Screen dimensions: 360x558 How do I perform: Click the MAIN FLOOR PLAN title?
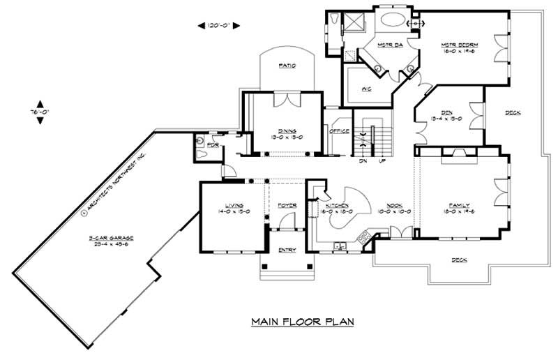click(x=303, y=322)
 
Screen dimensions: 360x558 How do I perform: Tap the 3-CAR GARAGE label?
click(x=111, y=239)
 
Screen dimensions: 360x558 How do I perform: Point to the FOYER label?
click(x=287, y=205)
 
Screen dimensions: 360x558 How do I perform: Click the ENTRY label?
click(x=287, y=250)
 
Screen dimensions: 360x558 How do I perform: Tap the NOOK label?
click(x=395, y=205)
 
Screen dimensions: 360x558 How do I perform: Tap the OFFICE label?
click(x=339, y=130)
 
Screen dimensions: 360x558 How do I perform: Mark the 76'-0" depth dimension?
click(x=40, y=111)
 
